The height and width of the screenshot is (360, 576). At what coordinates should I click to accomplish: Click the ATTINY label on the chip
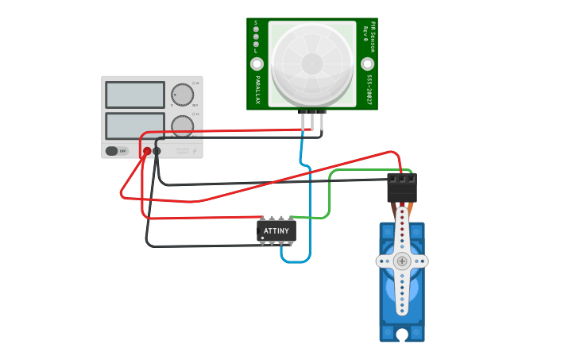point(276,231)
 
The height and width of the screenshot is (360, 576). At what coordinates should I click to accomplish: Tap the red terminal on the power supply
point(147,151)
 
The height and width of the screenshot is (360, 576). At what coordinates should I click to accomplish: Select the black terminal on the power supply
point(157,151)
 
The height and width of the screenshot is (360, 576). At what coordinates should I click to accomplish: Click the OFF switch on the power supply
point(116,151)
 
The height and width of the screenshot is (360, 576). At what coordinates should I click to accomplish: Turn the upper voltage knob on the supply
point(182,95)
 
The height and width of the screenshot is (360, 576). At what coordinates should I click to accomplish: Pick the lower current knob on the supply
point(182,126)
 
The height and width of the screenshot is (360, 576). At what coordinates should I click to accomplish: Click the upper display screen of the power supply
point(135,95)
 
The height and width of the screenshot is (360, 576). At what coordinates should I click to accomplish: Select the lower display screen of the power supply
point(135,125)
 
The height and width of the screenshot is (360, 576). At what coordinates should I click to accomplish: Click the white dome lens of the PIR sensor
point(312,64)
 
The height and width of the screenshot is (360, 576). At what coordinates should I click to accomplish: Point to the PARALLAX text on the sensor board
point(257,90)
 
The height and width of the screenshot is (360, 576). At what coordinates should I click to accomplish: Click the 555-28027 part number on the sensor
point(369,90)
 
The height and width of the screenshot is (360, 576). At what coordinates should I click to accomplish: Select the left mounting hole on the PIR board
point(257,64)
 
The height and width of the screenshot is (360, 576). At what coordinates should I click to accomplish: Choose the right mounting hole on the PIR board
point(367,64)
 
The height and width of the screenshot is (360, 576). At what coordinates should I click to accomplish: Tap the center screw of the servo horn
point(402,261)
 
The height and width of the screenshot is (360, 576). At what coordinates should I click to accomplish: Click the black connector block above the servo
point(401,188)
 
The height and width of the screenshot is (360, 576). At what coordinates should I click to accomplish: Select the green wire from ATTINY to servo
point(329,195)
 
